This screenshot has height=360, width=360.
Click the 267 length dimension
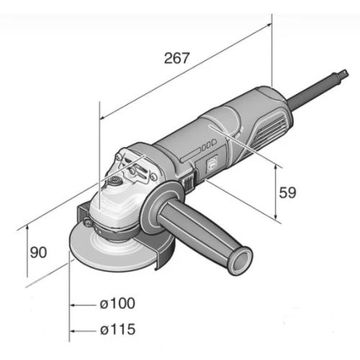176,58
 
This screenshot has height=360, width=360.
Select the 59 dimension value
287,192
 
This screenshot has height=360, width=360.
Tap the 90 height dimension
38,252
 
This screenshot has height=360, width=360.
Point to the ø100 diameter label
117,303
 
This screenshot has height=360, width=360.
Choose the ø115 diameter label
117,329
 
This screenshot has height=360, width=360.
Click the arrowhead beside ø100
73,305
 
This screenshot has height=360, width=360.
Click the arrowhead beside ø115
73,331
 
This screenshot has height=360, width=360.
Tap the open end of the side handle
241,261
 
